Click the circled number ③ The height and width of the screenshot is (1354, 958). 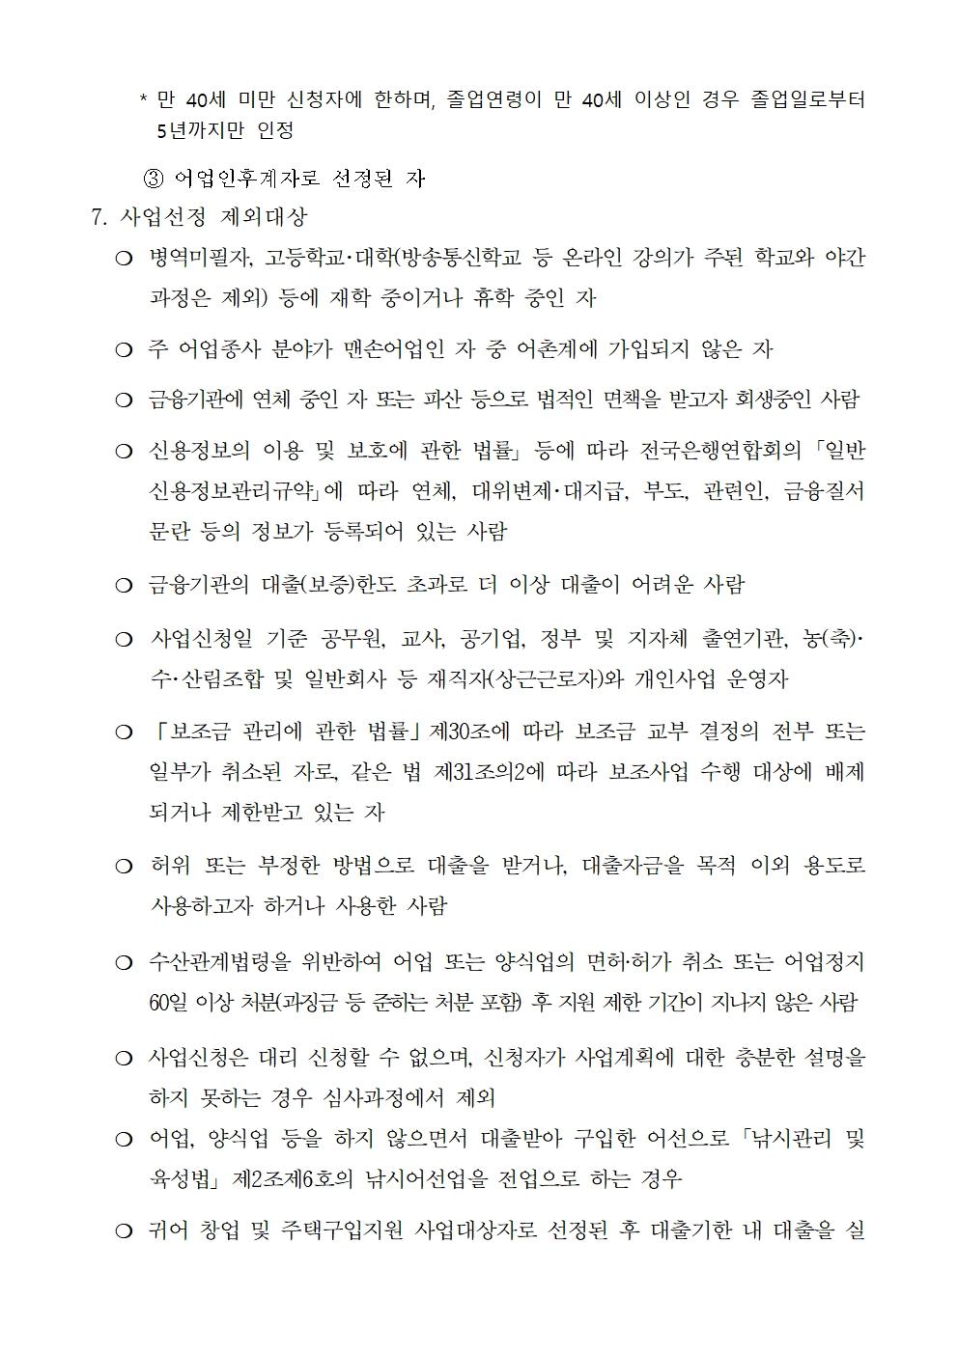[x=155, y=179]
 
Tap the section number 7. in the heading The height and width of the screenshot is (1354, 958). [x=99, y=217]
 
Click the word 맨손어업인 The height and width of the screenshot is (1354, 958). [x=392, y=349]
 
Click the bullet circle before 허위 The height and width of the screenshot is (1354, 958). [x=123, y=867]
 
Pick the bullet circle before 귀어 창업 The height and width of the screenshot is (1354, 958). [x=123, y=1232]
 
